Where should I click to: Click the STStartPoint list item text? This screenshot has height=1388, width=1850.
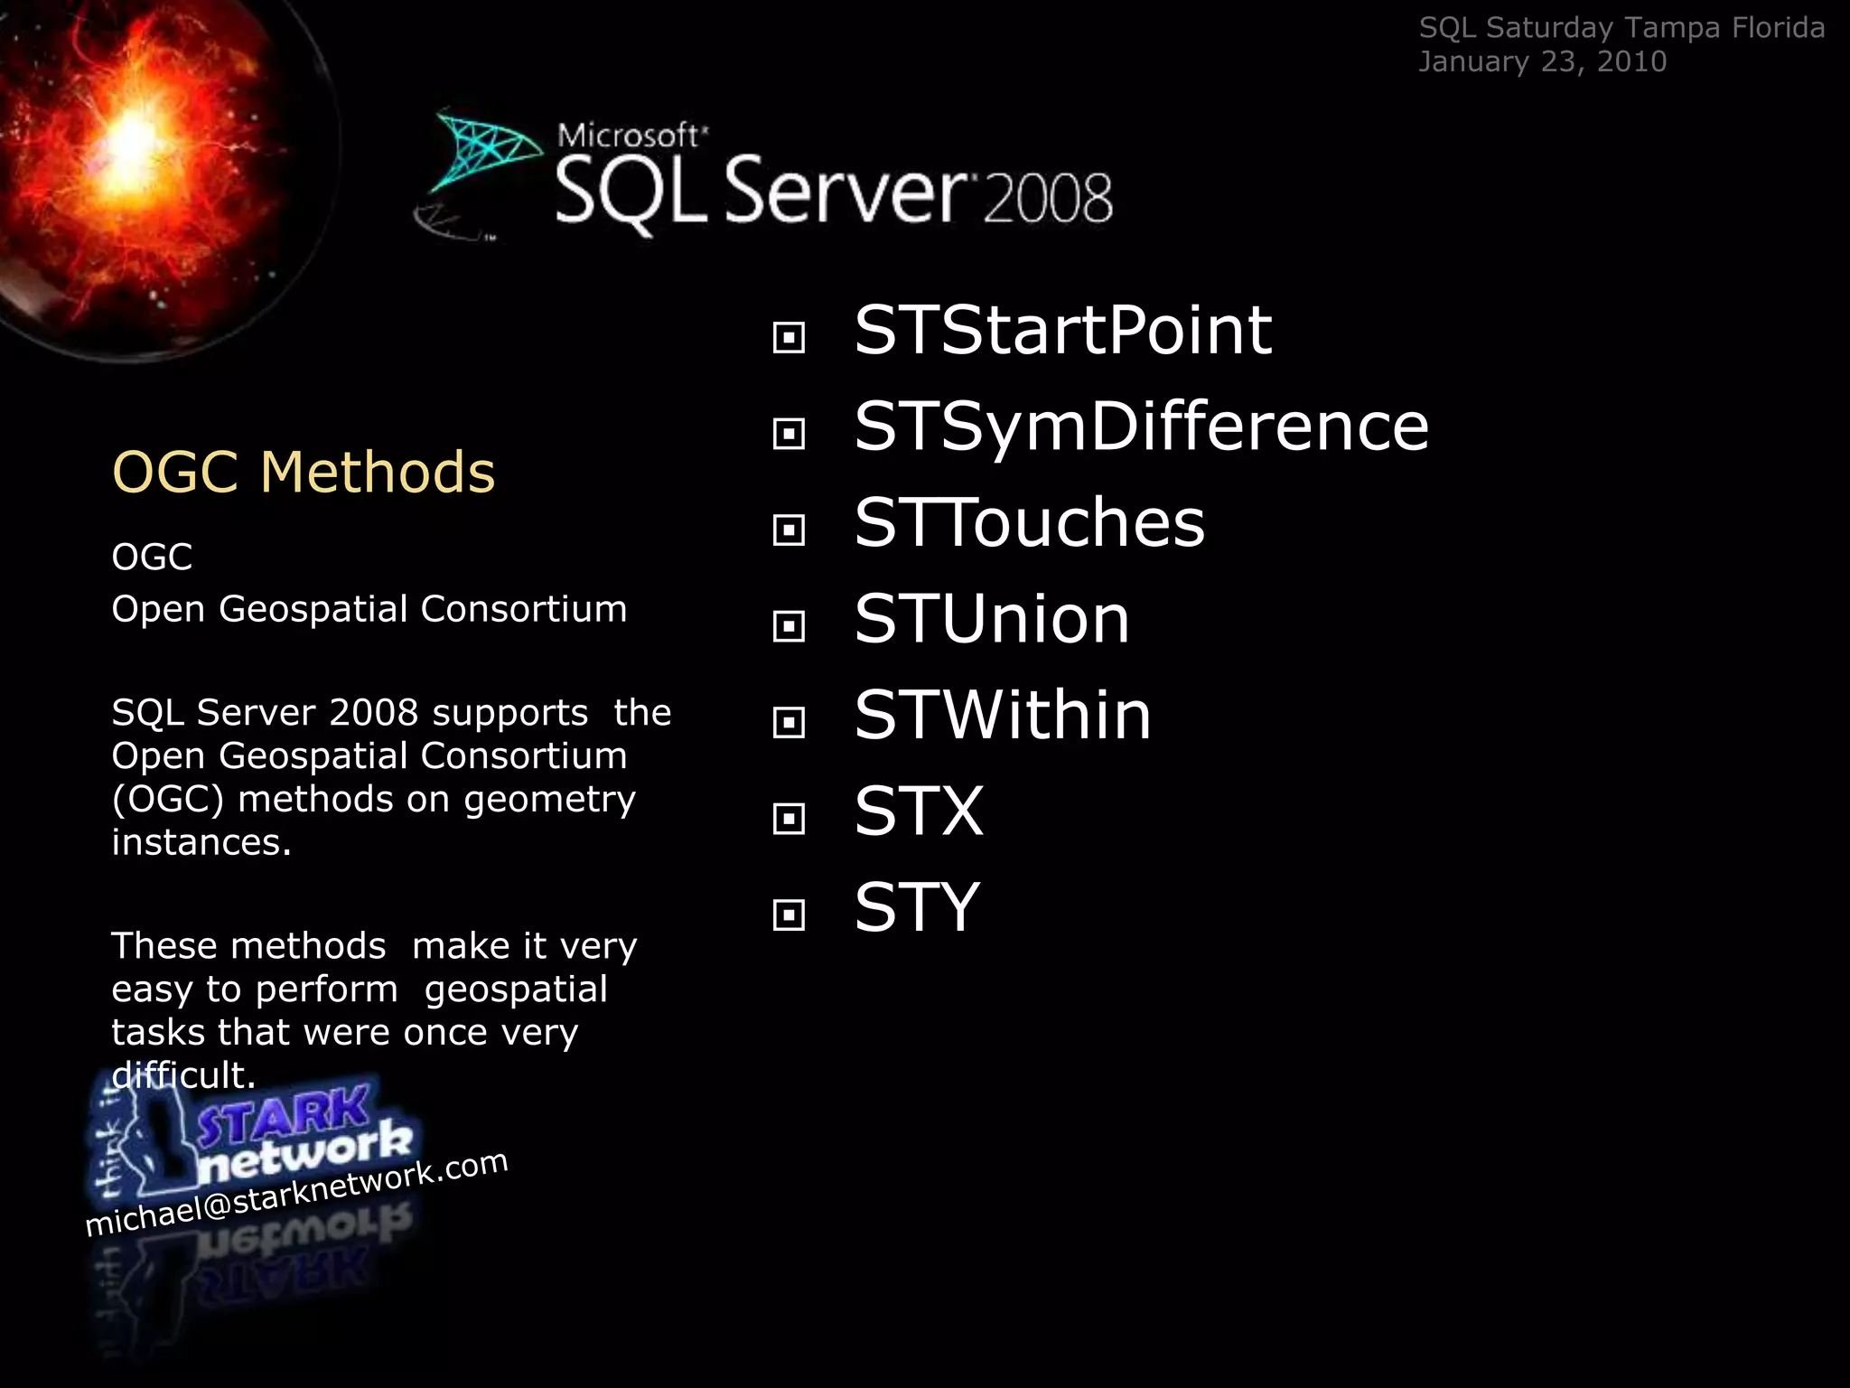point(1062,331)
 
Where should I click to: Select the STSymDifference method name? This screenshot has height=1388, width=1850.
point(1141,427)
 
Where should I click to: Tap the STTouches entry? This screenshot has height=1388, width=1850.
point(1029,523)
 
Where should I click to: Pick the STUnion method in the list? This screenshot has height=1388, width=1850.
point(992,620)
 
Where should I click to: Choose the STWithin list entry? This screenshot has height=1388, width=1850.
point(1003,716)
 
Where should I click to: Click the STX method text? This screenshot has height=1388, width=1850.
point(919,811)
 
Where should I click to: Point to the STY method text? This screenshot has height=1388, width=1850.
point(917,907)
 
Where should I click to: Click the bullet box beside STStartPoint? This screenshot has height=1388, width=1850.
point(789,338)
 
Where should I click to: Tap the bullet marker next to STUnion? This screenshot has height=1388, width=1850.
point(789,626)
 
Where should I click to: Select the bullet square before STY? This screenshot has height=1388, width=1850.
point(789,914)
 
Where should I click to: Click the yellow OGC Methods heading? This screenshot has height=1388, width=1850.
point(304,472)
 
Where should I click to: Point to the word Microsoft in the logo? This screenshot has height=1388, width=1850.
point(629,136)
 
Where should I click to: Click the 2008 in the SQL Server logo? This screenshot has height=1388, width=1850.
point(1048,198)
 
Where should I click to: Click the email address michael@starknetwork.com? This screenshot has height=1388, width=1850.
point(296,1193)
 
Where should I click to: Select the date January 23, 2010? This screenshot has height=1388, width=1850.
point(1542,61)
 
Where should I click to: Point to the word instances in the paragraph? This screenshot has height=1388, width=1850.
point(201,842)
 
